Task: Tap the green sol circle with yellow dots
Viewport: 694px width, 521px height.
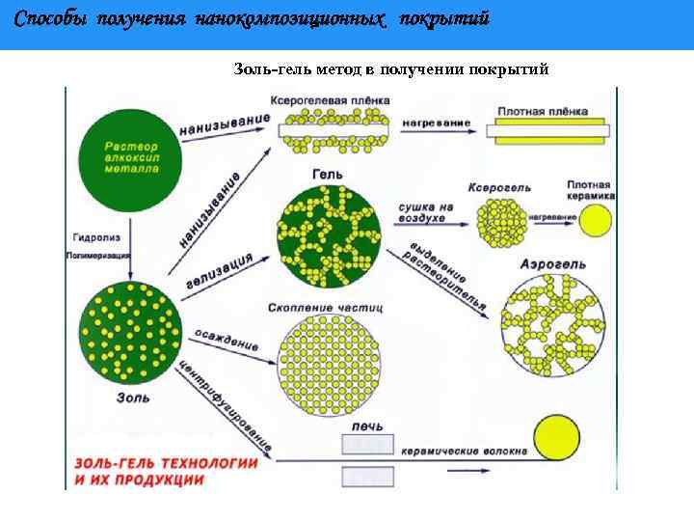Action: point(132,333)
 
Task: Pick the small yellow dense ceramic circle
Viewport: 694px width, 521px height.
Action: point(595,221)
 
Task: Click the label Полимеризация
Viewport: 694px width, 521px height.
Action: point(96,257)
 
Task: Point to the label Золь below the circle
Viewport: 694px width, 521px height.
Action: point(132,396)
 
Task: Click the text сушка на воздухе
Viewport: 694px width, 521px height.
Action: point(424,212)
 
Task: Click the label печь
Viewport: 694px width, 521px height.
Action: point(367,425)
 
